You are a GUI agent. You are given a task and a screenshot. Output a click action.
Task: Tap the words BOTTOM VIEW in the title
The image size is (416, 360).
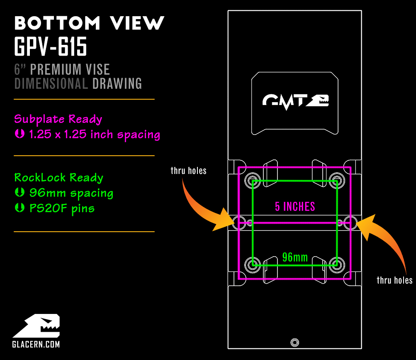[90, 23]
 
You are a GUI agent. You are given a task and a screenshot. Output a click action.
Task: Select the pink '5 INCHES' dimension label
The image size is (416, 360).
[295, 206]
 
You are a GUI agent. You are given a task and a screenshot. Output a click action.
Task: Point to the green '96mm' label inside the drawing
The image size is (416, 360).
[295, 257]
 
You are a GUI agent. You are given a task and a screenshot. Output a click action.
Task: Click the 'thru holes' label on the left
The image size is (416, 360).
[188, 171]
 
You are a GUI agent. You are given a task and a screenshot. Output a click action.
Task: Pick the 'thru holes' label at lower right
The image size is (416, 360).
[394, 280]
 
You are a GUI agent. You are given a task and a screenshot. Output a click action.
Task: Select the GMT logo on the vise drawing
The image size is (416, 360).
[296, 101]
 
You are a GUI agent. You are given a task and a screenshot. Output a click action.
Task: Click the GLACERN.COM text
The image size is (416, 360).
[36, 344]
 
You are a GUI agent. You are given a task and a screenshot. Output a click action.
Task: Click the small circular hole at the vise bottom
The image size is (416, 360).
[295, 343]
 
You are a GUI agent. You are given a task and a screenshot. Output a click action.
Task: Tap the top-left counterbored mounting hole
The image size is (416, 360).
[253, 180]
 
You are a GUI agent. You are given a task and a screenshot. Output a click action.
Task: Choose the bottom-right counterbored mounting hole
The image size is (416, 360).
[337, 265]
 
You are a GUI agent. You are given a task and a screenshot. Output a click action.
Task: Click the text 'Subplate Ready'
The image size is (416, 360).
[58, 120]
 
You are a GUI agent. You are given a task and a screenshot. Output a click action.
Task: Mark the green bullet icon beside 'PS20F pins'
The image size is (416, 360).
[19, 208]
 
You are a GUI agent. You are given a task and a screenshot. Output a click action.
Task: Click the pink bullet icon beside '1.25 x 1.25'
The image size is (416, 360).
[19, 134]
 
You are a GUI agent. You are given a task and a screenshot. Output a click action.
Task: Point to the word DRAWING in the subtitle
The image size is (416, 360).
[117, 83]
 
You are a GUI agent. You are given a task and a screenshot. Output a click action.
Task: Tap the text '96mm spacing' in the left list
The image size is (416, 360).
[71, 193]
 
